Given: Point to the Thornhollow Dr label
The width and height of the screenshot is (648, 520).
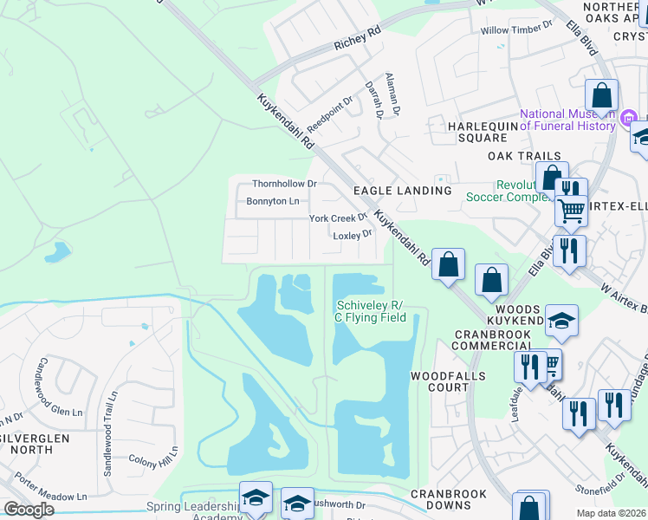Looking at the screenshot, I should pyautogui.click(x=285, y=184).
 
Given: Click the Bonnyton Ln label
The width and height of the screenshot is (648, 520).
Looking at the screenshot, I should pyautogui.click(x=273, y=201).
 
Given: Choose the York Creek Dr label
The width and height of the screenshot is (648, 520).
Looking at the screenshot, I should pyautogui.click(x=339, y=218).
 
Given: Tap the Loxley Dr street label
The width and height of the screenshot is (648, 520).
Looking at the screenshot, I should pyautogui.click(x=353, y=234).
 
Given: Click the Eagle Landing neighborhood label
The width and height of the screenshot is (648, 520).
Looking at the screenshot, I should pyautogui.click(x=402, y=191).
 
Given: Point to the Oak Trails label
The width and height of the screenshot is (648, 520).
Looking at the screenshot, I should pyautogui.click(x=524, y=156).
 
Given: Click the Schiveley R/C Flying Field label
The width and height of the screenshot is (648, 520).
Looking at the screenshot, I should pyautogui.click(x=370, y=311).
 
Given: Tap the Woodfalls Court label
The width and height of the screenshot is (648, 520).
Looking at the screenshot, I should pyautogui.click(x=439, y=381).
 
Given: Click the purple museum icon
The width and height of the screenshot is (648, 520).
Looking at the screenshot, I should pyautogui.click(x=630, y=117).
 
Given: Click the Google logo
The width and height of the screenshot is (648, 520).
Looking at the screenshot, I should pyautogui.click(x=29, y=510).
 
